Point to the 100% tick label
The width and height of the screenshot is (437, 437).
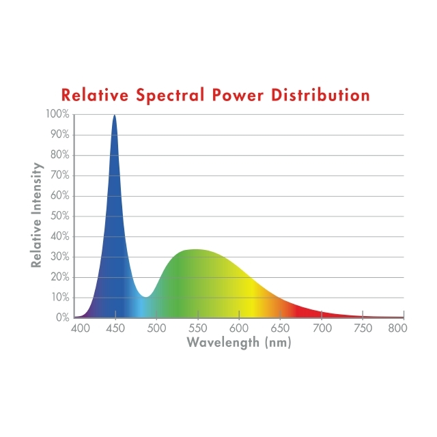[x=57, y=114]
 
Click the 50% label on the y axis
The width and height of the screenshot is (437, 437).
[x=59, y=216]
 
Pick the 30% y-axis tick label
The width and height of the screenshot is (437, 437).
[x=59, y=257]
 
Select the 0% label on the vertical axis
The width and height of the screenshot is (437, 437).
[x=62, y=318]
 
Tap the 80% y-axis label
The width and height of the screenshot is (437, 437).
[x=59, y=155]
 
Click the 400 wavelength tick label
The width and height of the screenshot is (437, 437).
[x=81, y=328]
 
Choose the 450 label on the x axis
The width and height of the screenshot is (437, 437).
[x=115, y=328]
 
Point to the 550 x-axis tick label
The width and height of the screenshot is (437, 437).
[x=197, y=328]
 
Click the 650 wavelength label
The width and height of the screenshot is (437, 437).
[x=280, y=328]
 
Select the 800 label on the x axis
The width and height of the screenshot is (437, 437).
[x=397, y=328]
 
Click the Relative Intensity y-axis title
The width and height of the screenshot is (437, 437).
[x=37, y=215]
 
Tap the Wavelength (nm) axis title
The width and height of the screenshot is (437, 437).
[x=239, y=342]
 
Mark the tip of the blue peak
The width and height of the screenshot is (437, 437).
[x=114, y=115]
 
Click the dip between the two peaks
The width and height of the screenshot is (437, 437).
[x=145, y=296]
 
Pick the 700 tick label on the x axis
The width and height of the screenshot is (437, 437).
[x=321, y=328]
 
